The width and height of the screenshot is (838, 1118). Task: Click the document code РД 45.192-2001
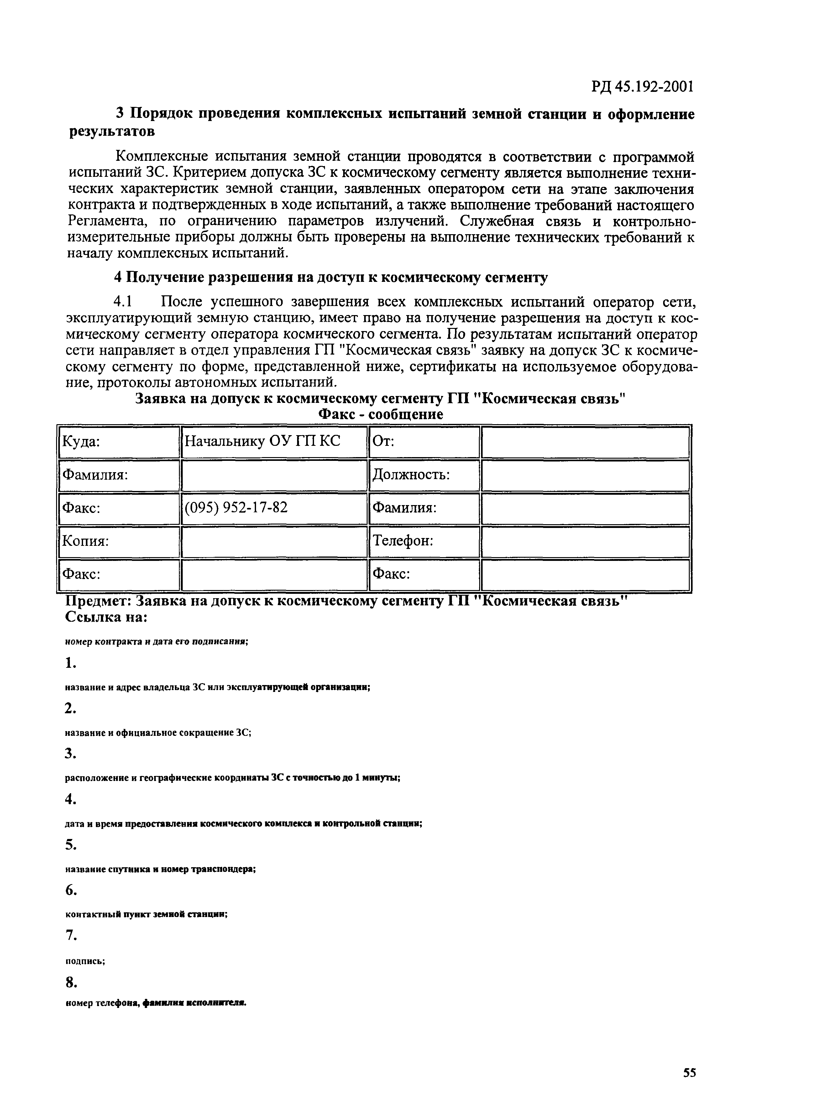(x=642, y=87)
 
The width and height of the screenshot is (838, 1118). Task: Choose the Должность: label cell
(x=423, y=475)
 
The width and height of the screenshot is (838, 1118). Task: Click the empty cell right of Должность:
(x=585, y=475)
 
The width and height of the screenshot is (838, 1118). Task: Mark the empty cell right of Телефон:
(x=585, y=541)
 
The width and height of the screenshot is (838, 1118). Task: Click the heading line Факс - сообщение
(x=380, y=414)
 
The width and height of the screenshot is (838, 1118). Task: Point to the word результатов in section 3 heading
(x=112, y=131)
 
